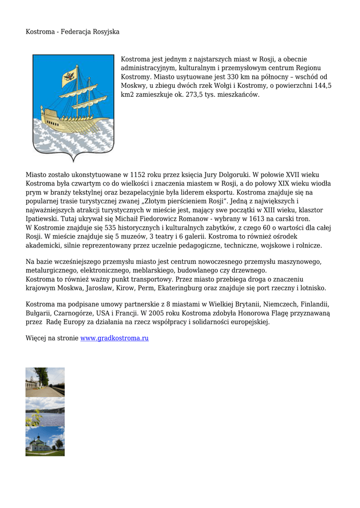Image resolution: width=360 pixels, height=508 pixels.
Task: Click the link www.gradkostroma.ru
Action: click(114, 338)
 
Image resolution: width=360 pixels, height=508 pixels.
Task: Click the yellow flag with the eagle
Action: click(69, 76)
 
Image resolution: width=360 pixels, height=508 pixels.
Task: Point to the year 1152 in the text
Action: click(137, 175)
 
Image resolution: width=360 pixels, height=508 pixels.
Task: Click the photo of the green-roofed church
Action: click(45, 442)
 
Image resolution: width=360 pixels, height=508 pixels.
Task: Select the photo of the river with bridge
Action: click(45, 412)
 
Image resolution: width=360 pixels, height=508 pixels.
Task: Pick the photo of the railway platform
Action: click(45, 382)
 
